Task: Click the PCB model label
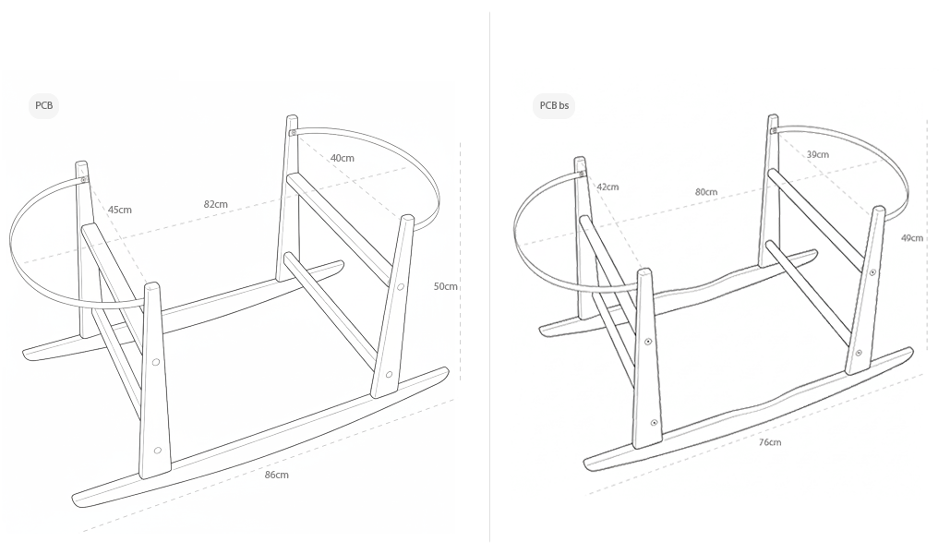(44, 106)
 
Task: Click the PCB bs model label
(554, 106)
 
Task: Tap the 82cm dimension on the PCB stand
(215, 204)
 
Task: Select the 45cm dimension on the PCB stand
(119, 210)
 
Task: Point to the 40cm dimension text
(342, 158)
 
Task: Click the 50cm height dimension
(445, 286)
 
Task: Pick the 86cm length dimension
(276, 475)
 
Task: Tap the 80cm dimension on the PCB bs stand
(706, 192)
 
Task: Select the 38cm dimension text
(817, 155)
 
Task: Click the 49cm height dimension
(911, 238)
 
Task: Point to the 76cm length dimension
(769, 442)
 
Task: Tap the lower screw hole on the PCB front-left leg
(158, 451)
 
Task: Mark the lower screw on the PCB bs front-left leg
(654, 422)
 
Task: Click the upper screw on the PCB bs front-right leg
(872, 273)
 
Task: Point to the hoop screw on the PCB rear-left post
(83, 180)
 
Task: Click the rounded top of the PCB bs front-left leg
(645, 272)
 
